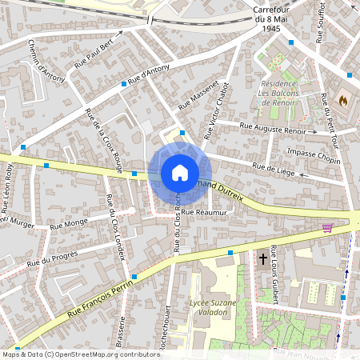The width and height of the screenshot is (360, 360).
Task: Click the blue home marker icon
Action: (x=179, y=173)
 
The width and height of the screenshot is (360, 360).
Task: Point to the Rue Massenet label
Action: (x=198, y=94)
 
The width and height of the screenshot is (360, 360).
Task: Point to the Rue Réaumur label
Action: (x=205, y=212)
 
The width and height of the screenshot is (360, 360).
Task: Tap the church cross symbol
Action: (x=263, y=258)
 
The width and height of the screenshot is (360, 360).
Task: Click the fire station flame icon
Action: (x=344, y=101)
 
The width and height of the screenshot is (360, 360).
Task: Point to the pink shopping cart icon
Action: (x=326, y=227)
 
